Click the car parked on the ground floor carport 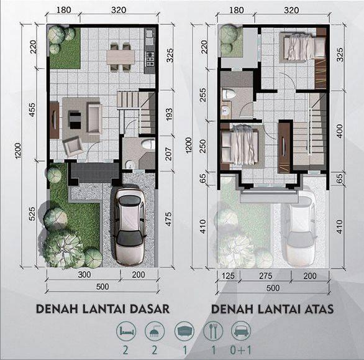tap(130, 226)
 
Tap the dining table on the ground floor tap(121, 57)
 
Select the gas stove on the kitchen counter tap(149, 59)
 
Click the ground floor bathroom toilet tap(148, 144)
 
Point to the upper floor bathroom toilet tap(229, 94)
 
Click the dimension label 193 tap(169, 114)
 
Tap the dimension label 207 tap(169, 154)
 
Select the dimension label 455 tap(32, 110)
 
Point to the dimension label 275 tap(265, 276)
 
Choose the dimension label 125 tap(228, 276)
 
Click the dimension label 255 tap(202, 95)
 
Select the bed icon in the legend tap(126, 331)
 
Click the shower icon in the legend tap(155, 331)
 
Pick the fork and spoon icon tap(213, 331)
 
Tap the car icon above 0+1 tap(241, 331)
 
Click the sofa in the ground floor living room tap(94, 118)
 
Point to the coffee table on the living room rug tap(75, 121)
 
